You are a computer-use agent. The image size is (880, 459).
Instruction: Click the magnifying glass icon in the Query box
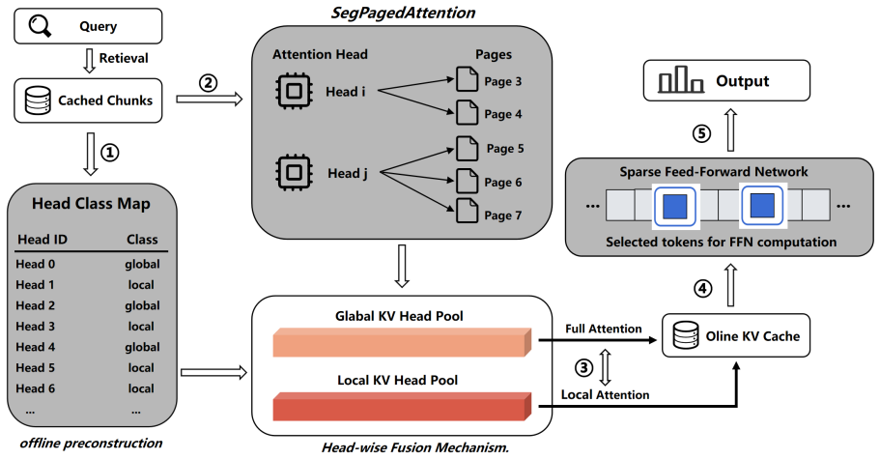(x=40, y=25)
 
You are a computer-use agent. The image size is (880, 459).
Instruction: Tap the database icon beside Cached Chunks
(x=38, y=100)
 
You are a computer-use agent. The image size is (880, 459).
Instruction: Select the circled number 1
(x=109, y=152)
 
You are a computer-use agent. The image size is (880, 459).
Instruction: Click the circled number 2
(x=209, y=83)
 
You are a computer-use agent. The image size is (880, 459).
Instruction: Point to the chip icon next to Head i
(x=294, y=90)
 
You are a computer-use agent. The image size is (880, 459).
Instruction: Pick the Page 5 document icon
(x=467, y=148)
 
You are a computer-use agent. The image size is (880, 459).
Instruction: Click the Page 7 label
(x=503, y=215)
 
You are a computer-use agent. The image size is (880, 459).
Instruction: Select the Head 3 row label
(x=35, y=326)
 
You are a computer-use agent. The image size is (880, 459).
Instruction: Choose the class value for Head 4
(x=142, y=347)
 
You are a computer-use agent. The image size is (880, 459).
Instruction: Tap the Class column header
(x=142, y=240)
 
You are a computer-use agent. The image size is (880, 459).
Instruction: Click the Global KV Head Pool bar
(x=402, y=342)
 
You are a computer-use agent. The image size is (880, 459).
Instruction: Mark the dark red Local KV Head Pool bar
(x=402, y=406)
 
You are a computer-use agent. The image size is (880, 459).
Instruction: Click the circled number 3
(x=583, y=367)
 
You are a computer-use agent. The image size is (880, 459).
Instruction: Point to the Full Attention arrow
(x=598, y=339)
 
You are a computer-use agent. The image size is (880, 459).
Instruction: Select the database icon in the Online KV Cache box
(x=685, y=335)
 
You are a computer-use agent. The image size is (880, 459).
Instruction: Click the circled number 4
(x=702, y=288)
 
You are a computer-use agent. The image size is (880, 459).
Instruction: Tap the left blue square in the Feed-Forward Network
(x=675, y=206)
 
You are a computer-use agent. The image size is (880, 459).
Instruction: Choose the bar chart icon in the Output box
(x=681, y=79)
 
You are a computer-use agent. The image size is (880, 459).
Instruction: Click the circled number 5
(x=701, y=133)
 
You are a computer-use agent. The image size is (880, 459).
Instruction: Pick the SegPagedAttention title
(x=403, y=13)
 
